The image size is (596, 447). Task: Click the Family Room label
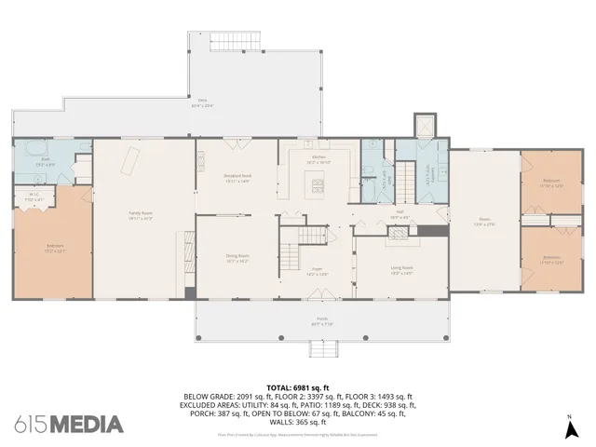(141, 214)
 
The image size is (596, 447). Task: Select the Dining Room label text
(237, 256)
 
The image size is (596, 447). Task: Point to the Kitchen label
(318, 157)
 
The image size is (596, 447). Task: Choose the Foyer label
(317, 271)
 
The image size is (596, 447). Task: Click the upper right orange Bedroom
(551, 183)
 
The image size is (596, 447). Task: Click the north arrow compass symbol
(569, 428)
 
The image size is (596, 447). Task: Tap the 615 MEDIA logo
(70, 424)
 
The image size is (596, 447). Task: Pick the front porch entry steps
(321, 348)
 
